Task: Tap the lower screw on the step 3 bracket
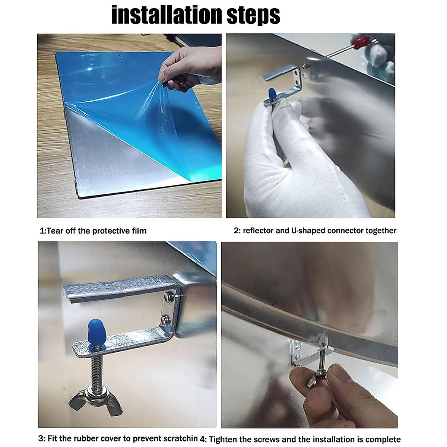click(x=167, y=319)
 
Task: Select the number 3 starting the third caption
click(x=41, y=432)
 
